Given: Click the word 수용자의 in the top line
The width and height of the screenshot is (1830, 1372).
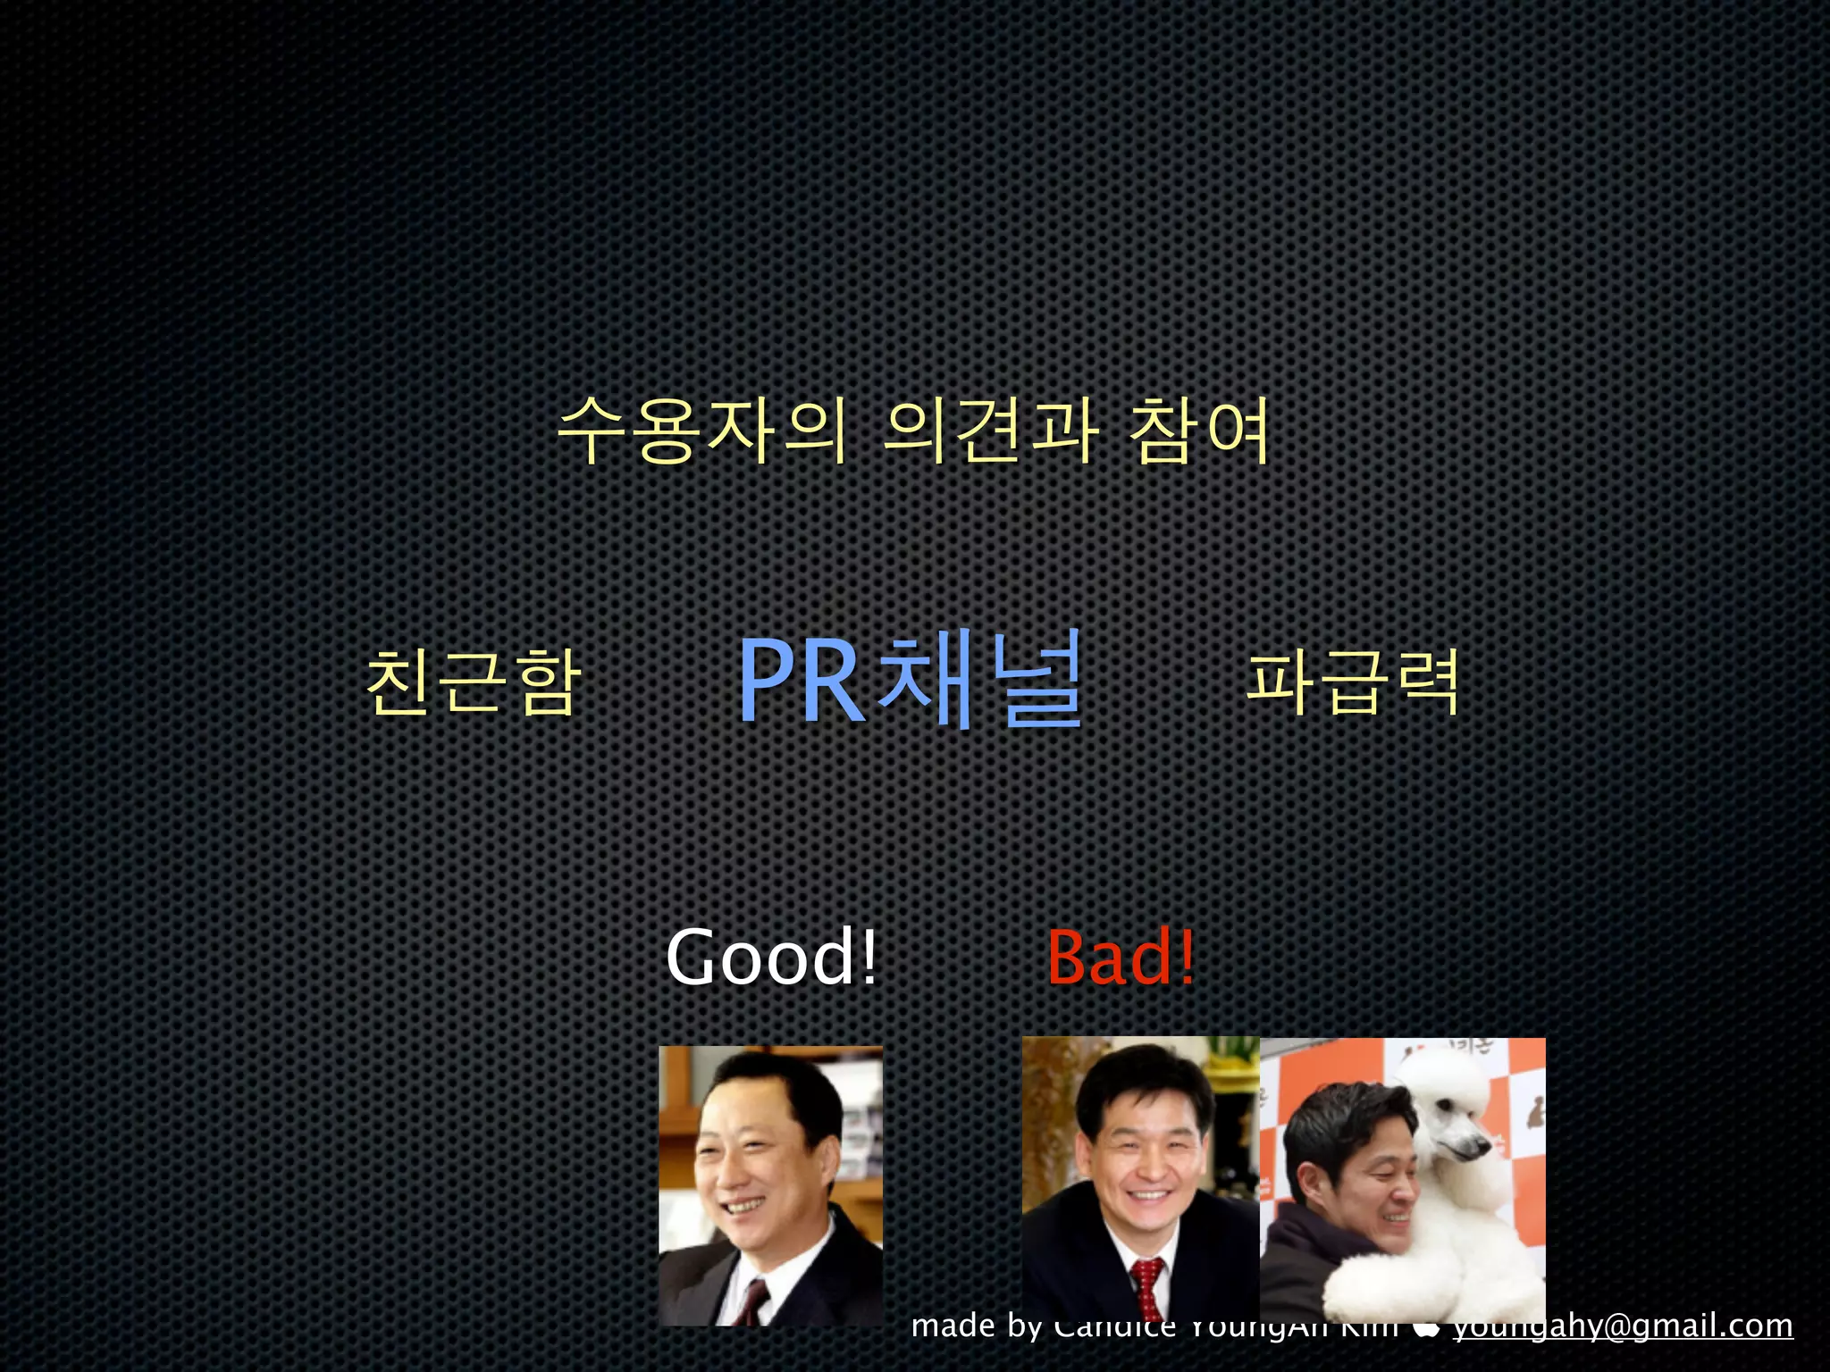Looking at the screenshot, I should point(701,431).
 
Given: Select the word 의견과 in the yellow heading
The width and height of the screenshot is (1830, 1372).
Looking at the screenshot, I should point(990,431).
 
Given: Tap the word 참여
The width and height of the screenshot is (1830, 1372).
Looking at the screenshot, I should point(1199,431).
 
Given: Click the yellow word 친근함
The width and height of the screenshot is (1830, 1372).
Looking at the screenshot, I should point(474,682).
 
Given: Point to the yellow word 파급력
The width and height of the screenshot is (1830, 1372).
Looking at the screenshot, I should point(1353,682).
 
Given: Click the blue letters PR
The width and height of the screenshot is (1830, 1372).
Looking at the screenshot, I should point(801,681).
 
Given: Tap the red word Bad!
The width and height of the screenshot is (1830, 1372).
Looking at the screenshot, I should point(1121,958).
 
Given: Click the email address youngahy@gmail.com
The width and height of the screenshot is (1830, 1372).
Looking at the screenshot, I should point(1623,1326).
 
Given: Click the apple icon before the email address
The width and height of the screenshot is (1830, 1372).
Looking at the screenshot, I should point(1426,1327).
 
